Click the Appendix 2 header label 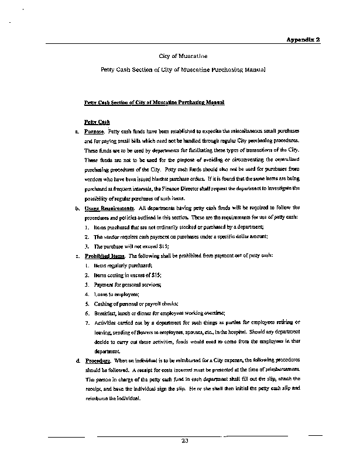click(x=303, y=39)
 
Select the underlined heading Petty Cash click(x=97, y=122)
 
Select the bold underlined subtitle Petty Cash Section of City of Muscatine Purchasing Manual click(x=155, y=102)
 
